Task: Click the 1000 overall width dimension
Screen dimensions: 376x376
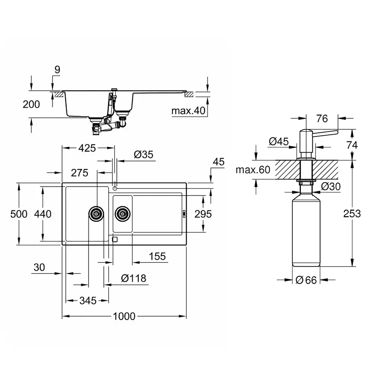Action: [124, 316]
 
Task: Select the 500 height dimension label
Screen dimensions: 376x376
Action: [19, 214]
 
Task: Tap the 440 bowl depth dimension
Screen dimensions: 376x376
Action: [43, 214]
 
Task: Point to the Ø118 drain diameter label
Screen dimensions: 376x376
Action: [133, 278]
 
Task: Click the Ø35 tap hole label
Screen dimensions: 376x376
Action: [143, 155]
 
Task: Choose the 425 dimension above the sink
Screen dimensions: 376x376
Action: [87, 148]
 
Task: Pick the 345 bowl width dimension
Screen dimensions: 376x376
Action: [88, 300]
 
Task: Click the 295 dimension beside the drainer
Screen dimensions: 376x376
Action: [203, 214]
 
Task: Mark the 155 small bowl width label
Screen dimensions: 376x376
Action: [157, 256]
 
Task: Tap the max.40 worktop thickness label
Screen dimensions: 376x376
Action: [188, 111]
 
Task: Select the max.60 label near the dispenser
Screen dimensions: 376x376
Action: [253, 170]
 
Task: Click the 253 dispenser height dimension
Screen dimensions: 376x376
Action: [352, 214]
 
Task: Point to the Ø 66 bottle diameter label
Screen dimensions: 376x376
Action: [306, 280]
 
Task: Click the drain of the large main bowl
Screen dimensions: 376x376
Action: [96, 214]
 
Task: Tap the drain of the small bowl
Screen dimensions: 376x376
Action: [123, 214]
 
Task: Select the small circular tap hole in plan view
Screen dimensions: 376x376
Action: [115, 188]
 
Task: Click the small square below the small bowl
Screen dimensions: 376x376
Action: [115, 239]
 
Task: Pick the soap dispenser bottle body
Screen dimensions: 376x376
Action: [306, 230]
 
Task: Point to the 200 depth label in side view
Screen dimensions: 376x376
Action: [31, 105]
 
